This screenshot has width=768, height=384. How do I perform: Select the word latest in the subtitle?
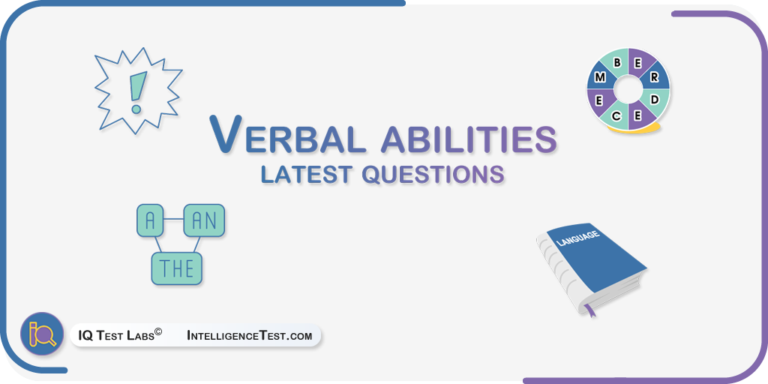pyautogui.click(x=307, y=174)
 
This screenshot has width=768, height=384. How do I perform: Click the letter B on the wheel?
pyautogui.click(x=618, y=63)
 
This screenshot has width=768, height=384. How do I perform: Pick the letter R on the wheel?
pyautogui.click(x=654, y=77)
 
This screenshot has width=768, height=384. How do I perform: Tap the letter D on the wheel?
pyautogui.click(x=655, y=100)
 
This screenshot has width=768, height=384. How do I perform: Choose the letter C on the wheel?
pyautogui.click(x=616, y=116)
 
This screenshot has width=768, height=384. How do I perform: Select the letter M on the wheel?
pyautogui.click(x=600, y=77)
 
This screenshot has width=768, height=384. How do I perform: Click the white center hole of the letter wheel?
pyautogui.click(x=628, y=89)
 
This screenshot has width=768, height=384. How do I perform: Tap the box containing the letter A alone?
pyautogui.click(x=150, y=220)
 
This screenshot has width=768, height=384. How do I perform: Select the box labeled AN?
pyautogui.click(x=204, y=220)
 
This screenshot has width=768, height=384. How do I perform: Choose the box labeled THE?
pyautogui.click(x=177, y=268)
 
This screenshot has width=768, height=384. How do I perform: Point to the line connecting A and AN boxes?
pyautogui.click(x=173, y=220)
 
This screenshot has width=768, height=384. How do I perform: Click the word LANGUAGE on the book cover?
pyautogui.click(x=578, y=238)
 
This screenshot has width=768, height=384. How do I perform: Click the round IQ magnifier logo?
pyautogui.click(x=42, y=334)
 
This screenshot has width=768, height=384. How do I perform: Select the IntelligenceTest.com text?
pyautogui.click(x=249, y=336)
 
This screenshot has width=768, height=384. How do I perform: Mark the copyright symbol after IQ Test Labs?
pyautogui.click(x=158, y=332)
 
